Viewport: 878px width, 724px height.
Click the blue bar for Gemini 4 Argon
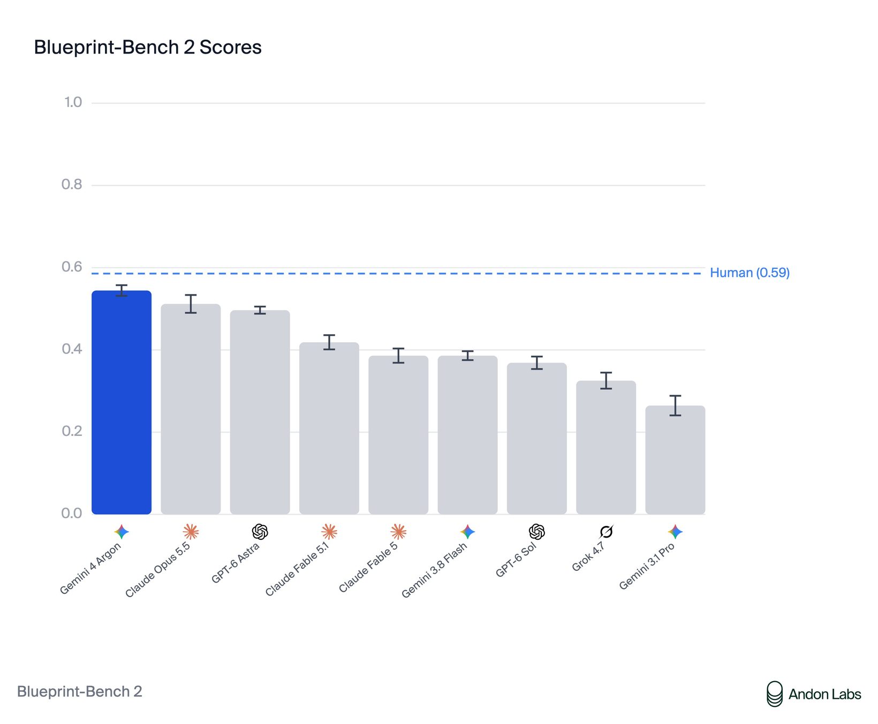122,402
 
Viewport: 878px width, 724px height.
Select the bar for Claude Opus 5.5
191,409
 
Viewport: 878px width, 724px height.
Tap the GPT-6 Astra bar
260,412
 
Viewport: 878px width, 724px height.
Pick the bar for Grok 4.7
606,448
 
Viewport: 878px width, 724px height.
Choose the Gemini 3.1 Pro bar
675,460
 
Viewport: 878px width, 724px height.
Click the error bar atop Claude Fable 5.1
329,342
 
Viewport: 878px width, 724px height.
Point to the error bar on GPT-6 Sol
537,363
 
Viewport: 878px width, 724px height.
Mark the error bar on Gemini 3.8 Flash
467,356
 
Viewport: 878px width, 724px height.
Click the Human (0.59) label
750,273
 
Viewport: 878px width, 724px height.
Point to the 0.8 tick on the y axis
72,185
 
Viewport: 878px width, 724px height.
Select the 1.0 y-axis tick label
73,102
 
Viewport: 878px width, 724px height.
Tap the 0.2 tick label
72,431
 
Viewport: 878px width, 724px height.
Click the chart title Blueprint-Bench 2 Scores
148,47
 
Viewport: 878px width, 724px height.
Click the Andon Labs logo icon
774,694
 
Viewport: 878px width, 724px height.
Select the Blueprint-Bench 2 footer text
80,692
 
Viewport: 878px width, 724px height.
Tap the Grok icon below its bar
606,532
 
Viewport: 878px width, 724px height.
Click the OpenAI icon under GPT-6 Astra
260,532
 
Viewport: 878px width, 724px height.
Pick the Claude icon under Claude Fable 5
398,532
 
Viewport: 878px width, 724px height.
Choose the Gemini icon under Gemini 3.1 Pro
675,532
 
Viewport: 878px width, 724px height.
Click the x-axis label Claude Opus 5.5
158,570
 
